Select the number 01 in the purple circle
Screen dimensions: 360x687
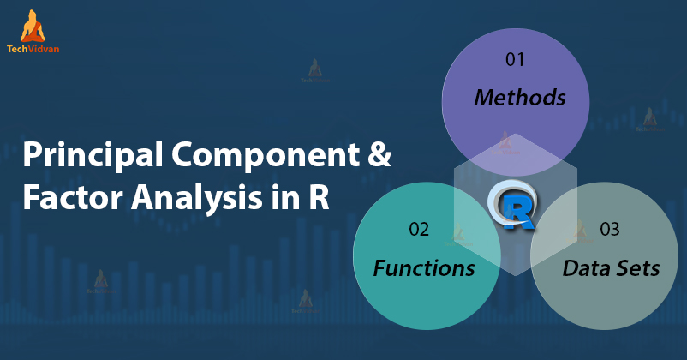pos(514,60)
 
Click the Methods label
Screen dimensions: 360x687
pos(520,98)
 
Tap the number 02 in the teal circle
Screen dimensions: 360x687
pos(420,230)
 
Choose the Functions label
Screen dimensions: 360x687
pos(424,268)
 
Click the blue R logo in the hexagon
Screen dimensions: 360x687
pos(515,207)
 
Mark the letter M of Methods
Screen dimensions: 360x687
pos(484,98)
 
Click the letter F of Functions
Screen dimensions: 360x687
pos(379,268)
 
